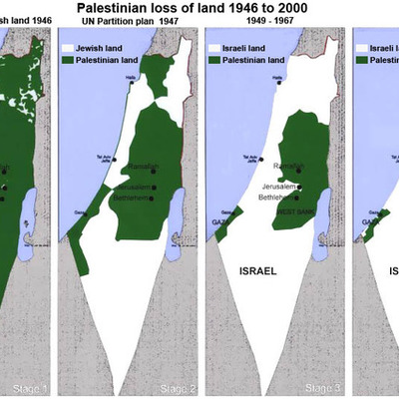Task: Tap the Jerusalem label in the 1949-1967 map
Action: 278,187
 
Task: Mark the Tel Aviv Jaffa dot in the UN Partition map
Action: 115,159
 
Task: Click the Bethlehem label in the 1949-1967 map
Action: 276,198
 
